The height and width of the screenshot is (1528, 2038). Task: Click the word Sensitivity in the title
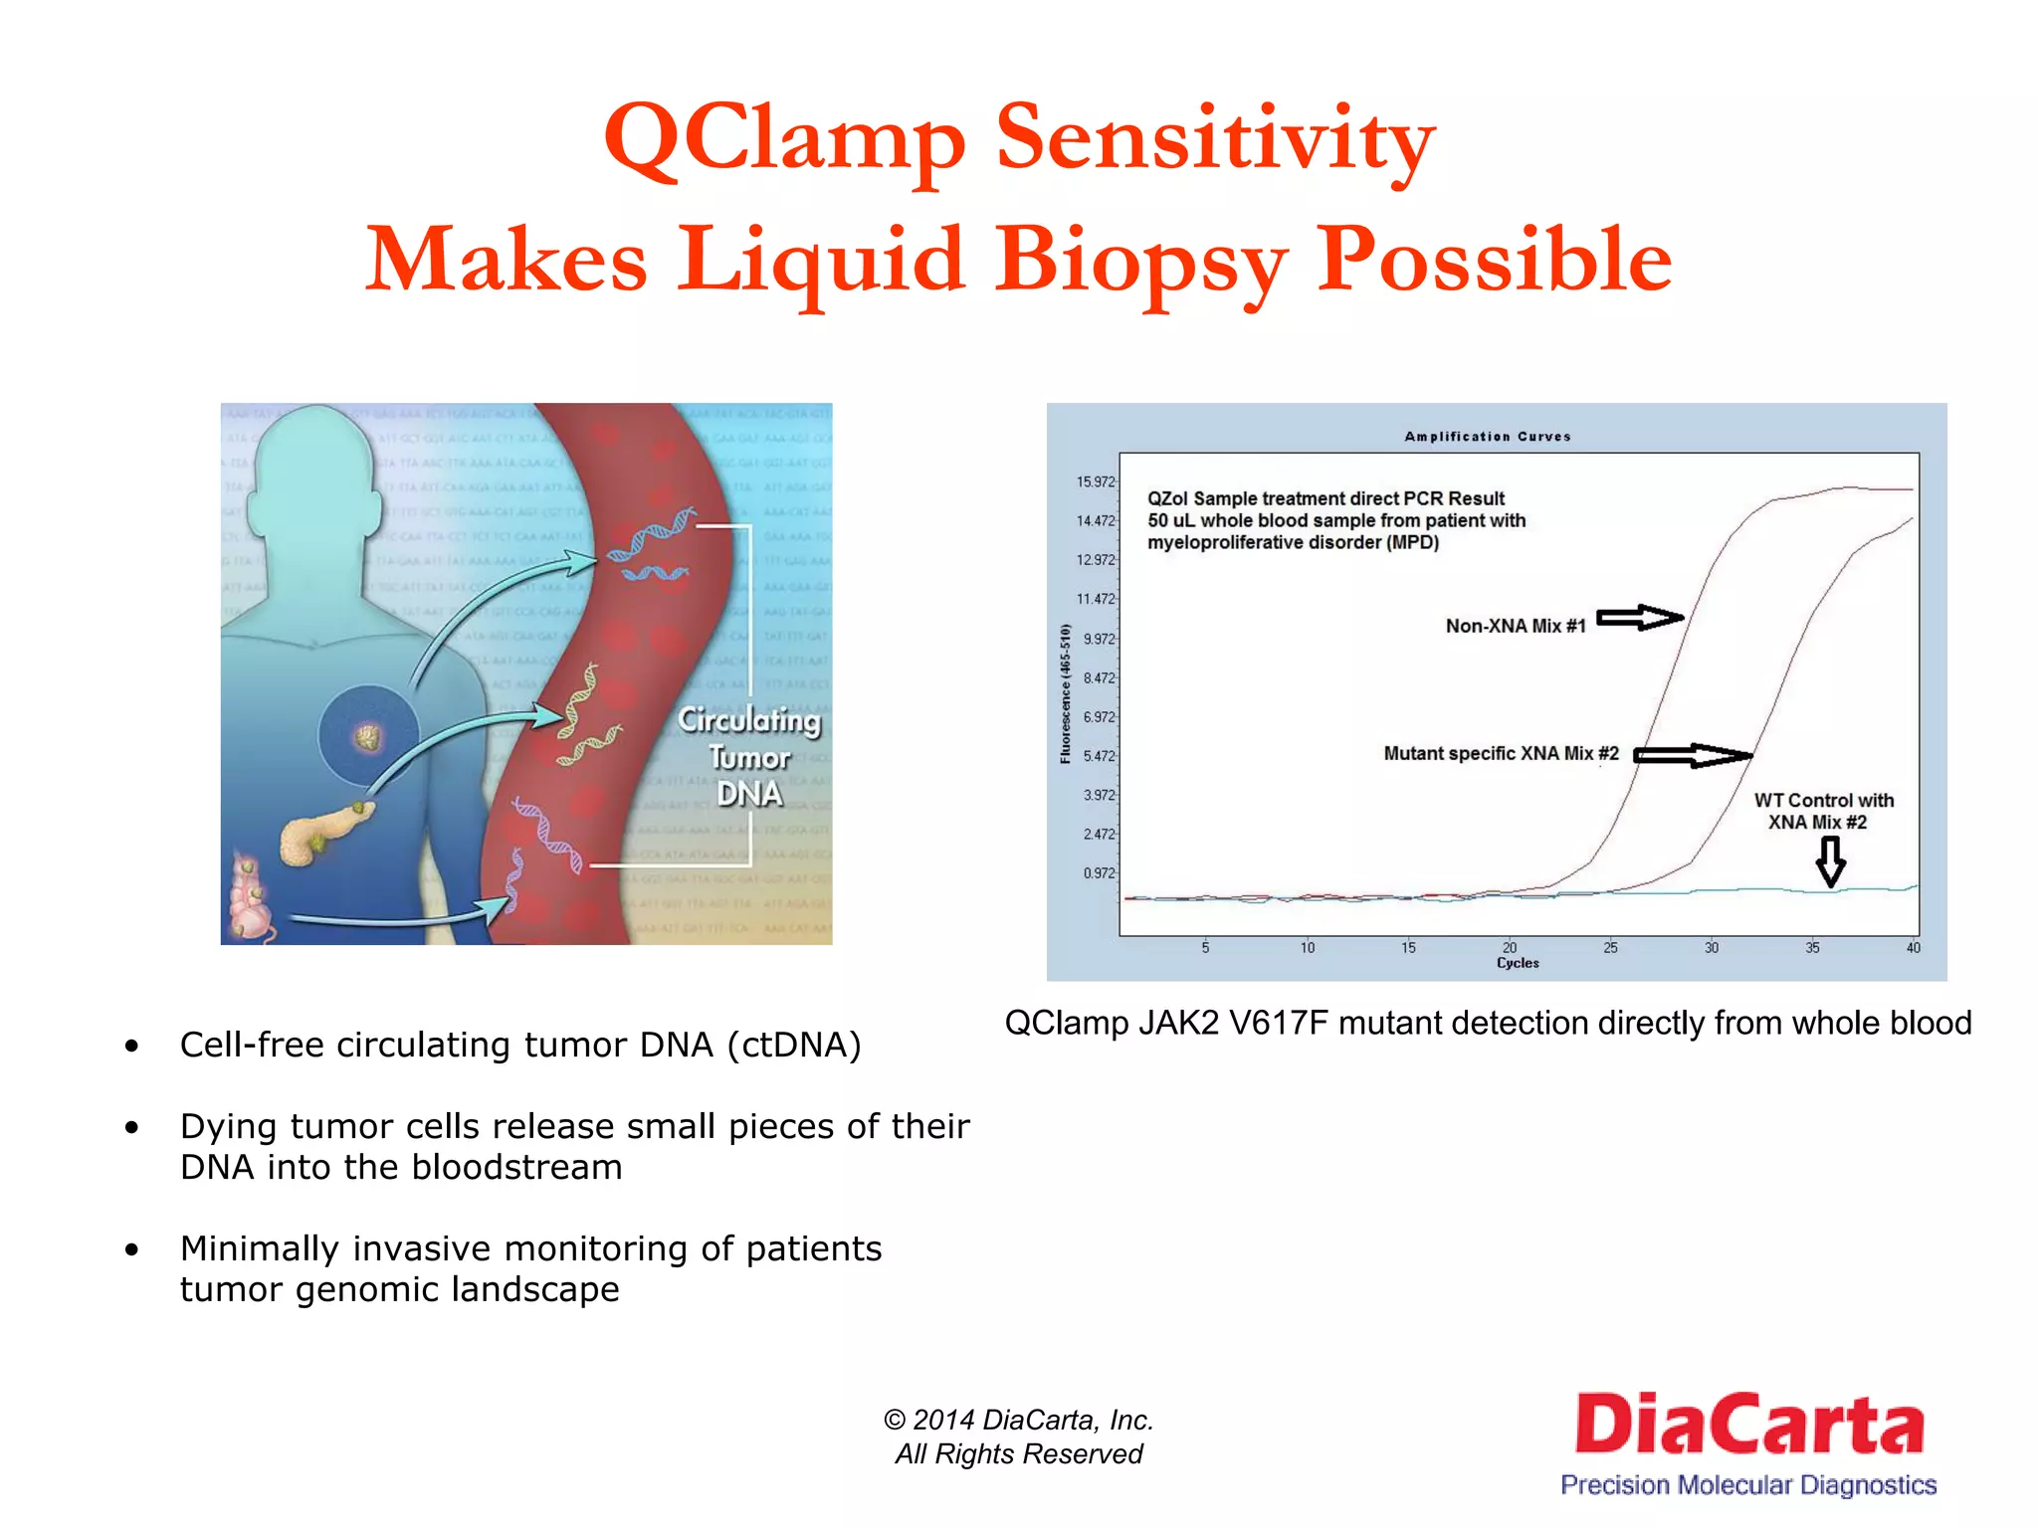pos(1215,138)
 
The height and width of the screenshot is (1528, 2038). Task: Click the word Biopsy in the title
pos(1141,261)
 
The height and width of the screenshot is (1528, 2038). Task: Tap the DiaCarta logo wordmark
pos(1748,1424)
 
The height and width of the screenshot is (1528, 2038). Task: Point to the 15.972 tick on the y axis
pos(1096,482)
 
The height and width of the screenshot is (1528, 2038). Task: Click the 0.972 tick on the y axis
pos(1099,873)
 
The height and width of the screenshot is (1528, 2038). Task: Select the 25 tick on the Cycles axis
pos(1610,948)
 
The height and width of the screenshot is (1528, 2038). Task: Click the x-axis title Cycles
pos(1518,963)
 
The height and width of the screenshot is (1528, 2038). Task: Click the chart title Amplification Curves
pos(1487,437)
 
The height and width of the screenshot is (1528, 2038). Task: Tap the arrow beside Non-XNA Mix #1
pos(1639,618)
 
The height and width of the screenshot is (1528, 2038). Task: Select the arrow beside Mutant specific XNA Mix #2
pos(1691,756)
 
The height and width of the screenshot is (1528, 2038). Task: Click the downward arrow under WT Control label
pos(1830,860)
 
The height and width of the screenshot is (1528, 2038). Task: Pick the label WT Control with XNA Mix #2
pos(1822,811)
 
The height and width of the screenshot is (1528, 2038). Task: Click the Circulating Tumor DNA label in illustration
pos(749,757)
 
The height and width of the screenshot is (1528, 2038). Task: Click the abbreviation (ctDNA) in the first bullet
pos(793,1046)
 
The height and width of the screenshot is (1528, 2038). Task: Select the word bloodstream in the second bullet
pos(516,1167)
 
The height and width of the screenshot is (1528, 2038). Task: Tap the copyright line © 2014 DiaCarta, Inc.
pos(1018,1420)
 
